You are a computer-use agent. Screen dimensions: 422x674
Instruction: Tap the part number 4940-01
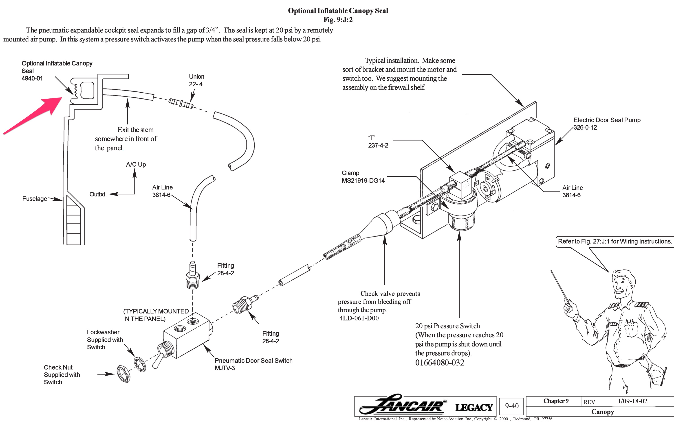point(32,78)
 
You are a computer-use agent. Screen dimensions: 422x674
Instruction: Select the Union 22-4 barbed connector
point(181,104)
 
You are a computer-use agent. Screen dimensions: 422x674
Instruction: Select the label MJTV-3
point(225,368)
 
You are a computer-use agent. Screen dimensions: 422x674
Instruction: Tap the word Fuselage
point(35,199)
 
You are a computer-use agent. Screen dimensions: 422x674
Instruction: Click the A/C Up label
point(136,164)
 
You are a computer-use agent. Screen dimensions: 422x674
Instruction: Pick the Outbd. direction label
point(98,194)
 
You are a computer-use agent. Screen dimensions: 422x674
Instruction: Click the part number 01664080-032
point(440,363)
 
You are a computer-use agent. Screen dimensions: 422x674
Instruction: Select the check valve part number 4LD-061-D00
point(359,318)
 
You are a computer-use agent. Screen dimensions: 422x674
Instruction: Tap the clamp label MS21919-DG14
point(363,181)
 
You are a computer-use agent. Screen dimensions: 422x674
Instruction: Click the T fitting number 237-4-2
point(378,145)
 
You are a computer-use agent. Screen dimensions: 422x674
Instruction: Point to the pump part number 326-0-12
point(585,128)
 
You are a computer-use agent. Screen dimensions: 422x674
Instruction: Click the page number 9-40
point(511,406)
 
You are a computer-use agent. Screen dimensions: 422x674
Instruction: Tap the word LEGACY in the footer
point(474,407)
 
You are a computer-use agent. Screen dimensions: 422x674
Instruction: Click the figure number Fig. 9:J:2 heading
point(338,20)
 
